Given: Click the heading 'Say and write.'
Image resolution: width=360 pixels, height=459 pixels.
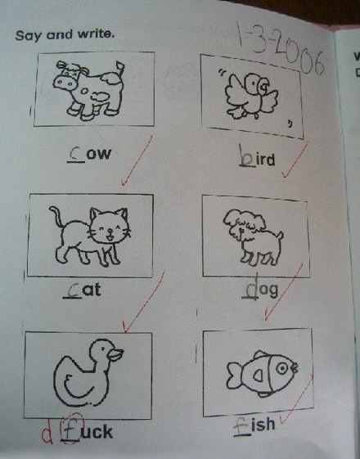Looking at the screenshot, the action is (x=65, y=35).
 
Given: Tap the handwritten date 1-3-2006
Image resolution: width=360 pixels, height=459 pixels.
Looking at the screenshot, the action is (x=280, y=52).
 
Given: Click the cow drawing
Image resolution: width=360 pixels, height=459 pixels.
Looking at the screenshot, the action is (x=88, y=90).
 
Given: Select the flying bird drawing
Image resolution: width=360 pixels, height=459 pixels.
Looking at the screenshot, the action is (x=252, y=95).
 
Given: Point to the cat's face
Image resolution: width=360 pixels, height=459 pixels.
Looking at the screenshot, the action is (x=109, y=227).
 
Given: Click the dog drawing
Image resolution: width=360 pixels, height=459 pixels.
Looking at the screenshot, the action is (x=254, y=236).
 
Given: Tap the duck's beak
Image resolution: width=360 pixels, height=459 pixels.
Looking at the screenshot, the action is (x=115, y=354).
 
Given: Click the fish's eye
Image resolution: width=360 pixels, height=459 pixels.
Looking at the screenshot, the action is (x=282, y=368).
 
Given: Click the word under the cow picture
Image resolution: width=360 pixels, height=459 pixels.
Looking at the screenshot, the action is (x=89, y=153).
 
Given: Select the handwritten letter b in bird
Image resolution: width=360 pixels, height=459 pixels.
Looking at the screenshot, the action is (x=246, y=155).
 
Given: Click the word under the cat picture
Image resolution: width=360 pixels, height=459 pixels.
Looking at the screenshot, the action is (x=83, y=290).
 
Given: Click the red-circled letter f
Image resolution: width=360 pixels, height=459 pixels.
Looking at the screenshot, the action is (x=71, y=428).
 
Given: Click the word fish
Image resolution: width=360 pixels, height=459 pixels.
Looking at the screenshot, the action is (x=254, y=425).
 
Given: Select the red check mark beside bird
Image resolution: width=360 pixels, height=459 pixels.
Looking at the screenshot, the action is (x=295, y=160).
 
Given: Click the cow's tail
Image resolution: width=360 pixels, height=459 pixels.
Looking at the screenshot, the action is (x=120, y=68).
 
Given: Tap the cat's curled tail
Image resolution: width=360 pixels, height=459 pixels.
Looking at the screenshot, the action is (x=56, y=217).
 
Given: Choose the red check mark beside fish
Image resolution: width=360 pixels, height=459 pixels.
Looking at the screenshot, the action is (x=296, y=398).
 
